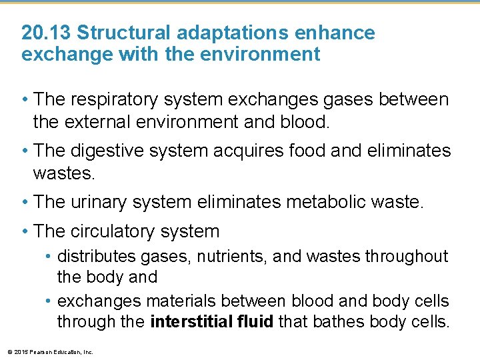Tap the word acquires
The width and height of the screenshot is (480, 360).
(x=251, y=151)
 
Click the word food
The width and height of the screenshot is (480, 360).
(x=309, y=151)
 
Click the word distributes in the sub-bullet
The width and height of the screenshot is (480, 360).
(x=97, y=256)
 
